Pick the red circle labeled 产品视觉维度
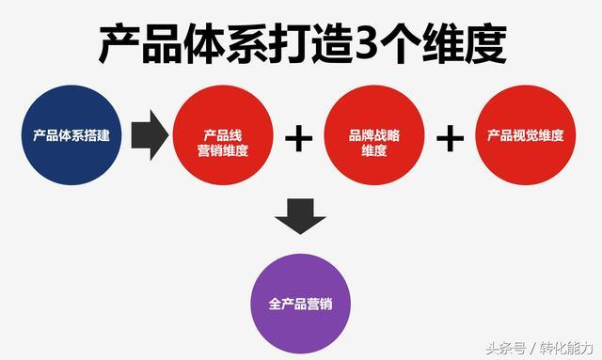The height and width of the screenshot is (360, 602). pyautogui.click(x=526, y=136)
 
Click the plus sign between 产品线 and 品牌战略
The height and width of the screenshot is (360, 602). pyautogui.click(x=298, y=138)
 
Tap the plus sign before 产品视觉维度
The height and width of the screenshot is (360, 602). pyautogui.click(x=451, y=138)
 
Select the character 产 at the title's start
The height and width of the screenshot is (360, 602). pyautogui.click(x=120, y=44)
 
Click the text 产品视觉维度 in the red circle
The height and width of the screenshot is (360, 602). pyautogui.click(x=526, y=136)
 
